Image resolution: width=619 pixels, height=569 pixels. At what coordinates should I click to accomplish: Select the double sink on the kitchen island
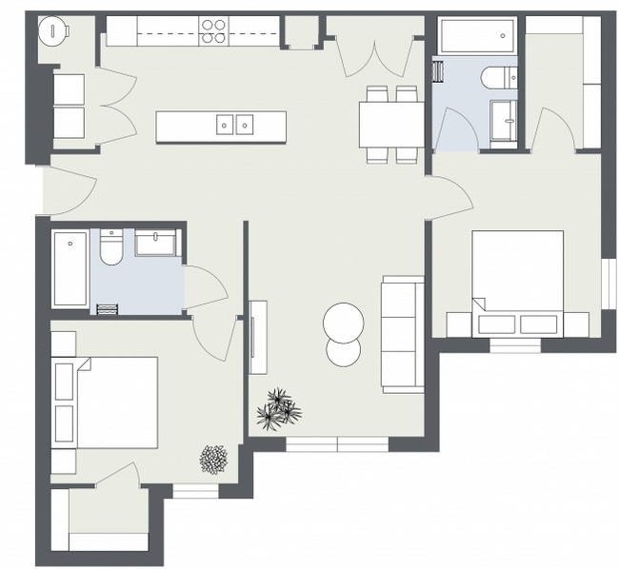pos(235,124)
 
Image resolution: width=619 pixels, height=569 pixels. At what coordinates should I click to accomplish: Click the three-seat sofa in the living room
pos(403,333)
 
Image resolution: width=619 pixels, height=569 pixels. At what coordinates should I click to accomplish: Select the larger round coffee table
pos(343,322)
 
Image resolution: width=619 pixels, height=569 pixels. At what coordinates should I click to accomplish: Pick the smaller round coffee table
pos(343,351)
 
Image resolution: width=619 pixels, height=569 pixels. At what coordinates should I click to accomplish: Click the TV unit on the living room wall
pos(258,337)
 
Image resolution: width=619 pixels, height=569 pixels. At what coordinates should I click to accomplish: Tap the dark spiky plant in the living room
pos(280,407)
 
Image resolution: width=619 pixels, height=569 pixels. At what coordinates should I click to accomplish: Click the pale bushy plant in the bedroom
pos(213,460)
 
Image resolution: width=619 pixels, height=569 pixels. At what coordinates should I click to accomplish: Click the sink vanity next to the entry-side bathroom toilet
pos(156,243)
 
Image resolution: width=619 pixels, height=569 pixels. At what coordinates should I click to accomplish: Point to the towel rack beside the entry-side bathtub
pos(106,307)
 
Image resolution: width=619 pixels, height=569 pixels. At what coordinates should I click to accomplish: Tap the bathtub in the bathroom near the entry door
pos(70,268)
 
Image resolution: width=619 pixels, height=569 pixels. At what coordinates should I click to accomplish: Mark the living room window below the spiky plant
pos(337,443)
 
